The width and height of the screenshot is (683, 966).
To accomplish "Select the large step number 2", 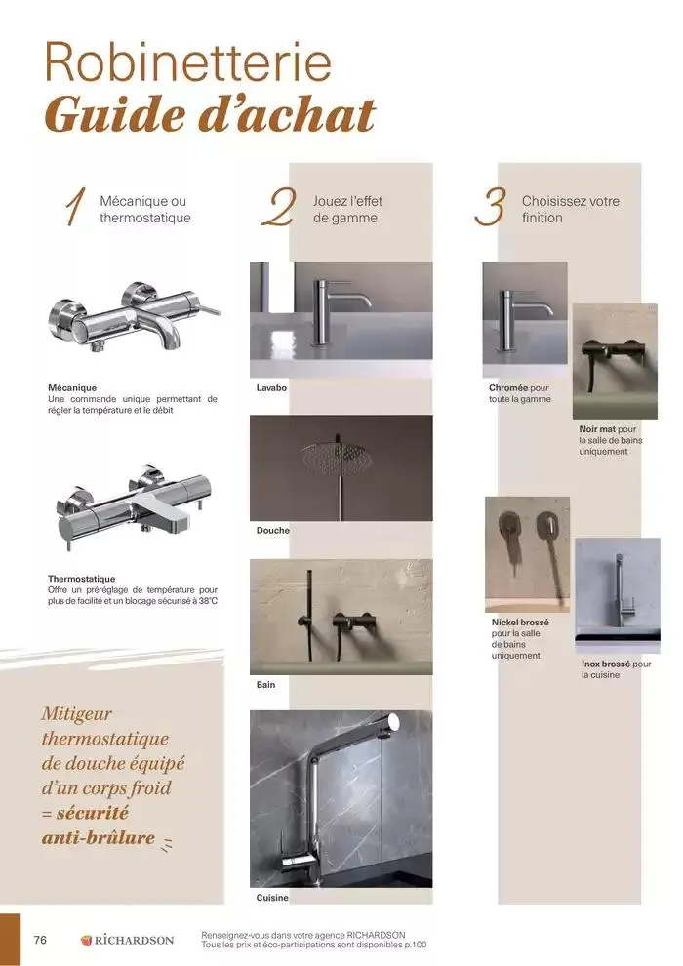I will [279, 209].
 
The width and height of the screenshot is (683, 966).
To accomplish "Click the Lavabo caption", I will [271, 387].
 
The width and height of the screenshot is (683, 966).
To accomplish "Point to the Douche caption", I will [272, 530].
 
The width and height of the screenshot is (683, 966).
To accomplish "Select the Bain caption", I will [265, 684].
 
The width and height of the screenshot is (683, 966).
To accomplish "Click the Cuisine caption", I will [272, 897].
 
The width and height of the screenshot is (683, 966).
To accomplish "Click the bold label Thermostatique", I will [81, 579].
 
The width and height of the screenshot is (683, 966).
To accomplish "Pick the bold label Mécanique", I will [72, 387].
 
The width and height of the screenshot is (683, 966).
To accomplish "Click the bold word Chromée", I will [508, 387].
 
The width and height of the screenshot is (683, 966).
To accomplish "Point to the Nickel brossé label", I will [520, 622].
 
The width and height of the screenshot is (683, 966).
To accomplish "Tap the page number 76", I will [40, 940].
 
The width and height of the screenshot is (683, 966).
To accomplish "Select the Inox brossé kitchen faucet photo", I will [617, 595].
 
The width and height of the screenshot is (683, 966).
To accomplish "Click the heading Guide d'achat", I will [210, 116].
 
